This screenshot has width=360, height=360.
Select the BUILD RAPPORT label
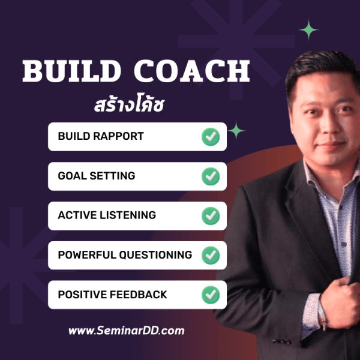101,136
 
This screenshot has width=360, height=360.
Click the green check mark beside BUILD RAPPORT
210,137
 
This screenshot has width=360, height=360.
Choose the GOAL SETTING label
97,176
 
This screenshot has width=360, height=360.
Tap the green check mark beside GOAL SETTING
210,176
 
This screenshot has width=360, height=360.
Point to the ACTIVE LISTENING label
107,215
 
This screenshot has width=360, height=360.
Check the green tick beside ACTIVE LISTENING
210,216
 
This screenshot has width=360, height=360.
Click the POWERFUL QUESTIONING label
125,255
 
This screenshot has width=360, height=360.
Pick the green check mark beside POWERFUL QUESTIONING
210,256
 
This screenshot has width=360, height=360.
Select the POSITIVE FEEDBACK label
112,295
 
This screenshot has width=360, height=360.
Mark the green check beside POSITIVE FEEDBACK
210,295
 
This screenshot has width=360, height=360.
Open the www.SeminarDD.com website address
126,331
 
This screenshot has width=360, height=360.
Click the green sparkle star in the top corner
309,29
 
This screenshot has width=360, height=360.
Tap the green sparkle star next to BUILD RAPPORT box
237,130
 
